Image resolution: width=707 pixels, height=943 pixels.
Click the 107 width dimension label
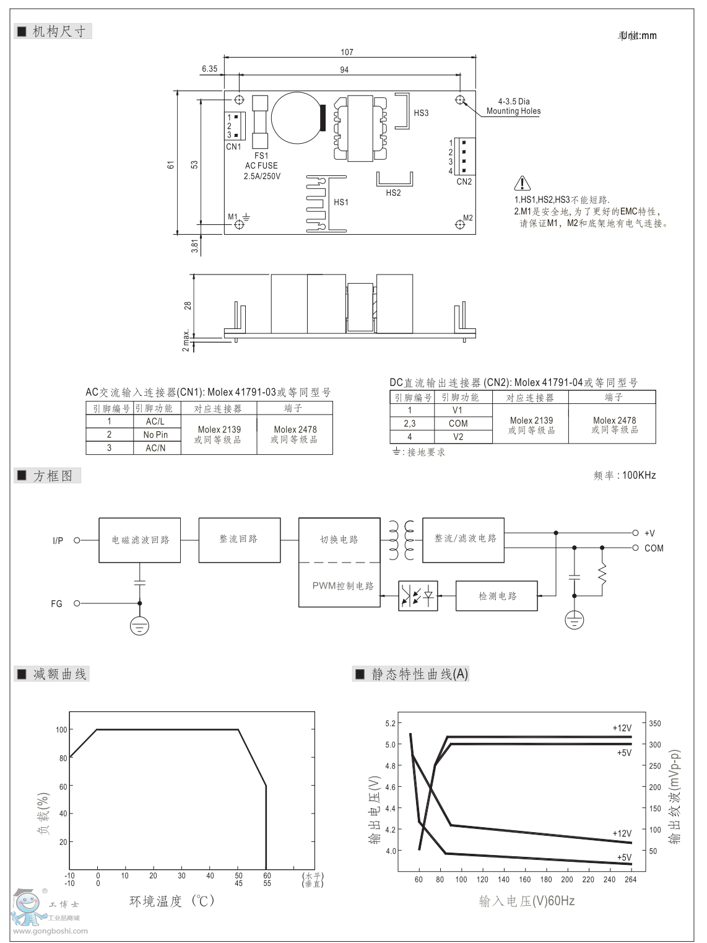click(x=347, y=52)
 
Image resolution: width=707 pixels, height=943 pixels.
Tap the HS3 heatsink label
click(x=421, y=113)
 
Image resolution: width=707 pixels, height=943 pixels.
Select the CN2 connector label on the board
click(x=464, y=182)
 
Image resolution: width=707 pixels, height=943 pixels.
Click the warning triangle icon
click(x=523, y=183)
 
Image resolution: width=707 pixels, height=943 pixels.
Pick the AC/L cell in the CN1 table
click(x=155, y=421)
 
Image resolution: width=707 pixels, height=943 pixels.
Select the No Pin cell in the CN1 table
click(x=155, y=434)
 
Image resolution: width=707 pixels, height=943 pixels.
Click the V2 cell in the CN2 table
click(x=458, y=437)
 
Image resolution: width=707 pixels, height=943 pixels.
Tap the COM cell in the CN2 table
click(x=458, y=423)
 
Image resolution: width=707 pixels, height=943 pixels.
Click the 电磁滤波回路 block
click(x=140, y=540)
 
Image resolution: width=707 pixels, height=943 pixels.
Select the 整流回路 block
click(x=238, y=540)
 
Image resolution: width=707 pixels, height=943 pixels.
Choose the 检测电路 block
click(x=497, y=596)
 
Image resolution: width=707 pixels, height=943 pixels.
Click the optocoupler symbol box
click(x=418, y=596)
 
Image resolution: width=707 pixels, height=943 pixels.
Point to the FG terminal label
click(x=57, y=603)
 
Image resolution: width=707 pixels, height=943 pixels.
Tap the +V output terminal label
click(x=649, y=533)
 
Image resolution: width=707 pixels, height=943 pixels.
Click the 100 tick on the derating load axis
click(x=61, y=730)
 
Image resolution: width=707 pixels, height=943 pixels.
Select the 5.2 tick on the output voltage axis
click(x=390, y=723)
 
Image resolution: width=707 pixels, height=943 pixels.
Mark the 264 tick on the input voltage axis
click(x=631, y=879)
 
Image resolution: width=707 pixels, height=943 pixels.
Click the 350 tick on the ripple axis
click(x=655, y=723)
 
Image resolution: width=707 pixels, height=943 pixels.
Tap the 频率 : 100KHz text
click(x=624, y=475)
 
